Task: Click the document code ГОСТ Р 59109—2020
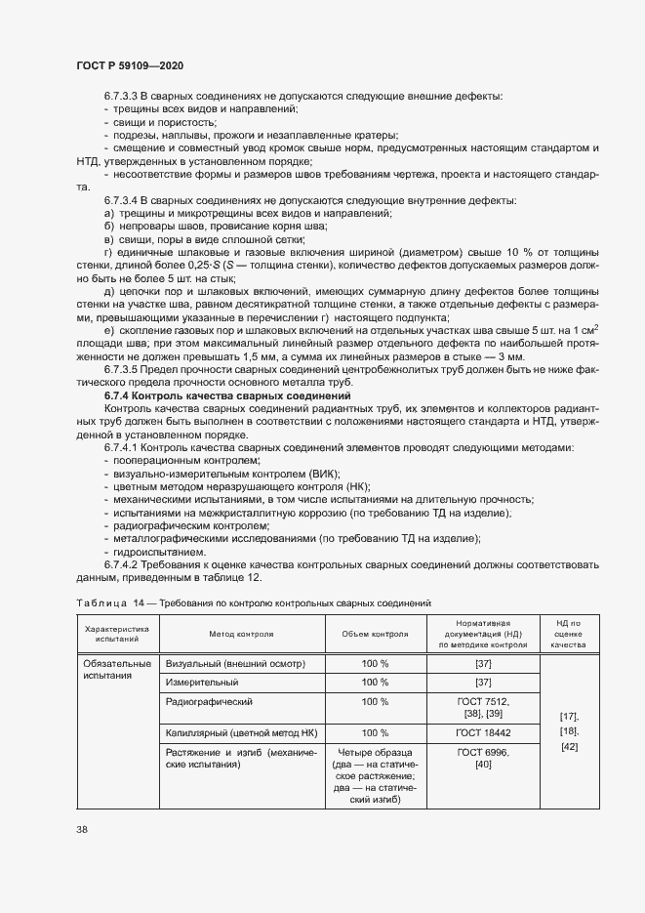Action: [129, 64]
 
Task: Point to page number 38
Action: [82, 829]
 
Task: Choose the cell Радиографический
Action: [210, 702]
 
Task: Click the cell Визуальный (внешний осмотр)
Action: [236, 664]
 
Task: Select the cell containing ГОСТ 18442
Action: [482, 731]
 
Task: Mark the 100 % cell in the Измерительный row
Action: [375, 683]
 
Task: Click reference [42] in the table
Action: [568, 747]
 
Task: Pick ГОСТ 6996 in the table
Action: [481, 752]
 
